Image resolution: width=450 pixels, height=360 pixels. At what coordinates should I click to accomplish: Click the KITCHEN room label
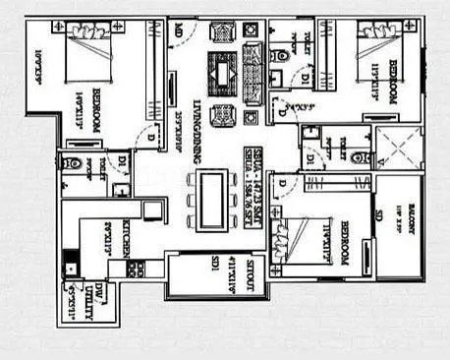(127, 237)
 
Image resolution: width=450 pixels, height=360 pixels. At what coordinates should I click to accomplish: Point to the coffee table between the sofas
(221, 74)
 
